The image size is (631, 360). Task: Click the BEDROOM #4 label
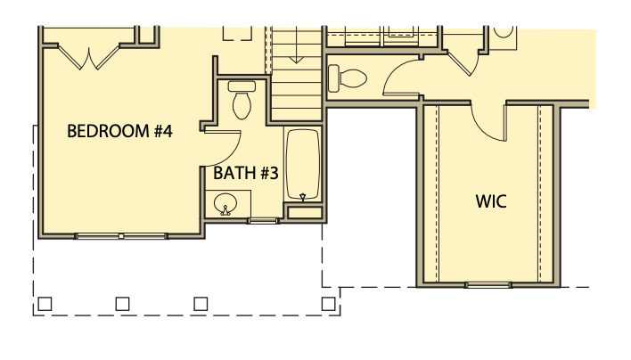click(x=119, y=132)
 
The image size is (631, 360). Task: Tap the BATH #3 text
click(x=246, y=173)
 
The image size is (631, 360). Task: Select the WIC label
click(x=490, y=201)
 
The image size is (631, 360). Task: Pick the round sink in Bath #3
click(x=226, y=203)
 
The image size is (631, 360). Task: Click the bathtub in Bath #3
click(x=303, y=165)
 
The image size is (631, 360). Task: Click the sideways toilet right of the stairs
click(x=347, y=78)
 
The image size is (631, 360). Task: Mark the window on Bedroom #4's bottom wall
click(x=120, y=236)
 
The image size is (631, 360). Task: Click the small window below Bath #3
click(x=262, y=220)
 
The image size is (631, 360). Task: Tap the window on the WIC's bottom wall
click(x=489, y=285)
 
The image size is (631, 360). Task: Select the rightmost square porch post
click(x=326, y=304)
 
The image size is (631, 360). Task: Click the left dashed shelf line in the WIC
click(x=436, y=192)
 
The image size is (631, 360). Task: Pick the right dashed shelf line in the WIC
click(x=541, y=192)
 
